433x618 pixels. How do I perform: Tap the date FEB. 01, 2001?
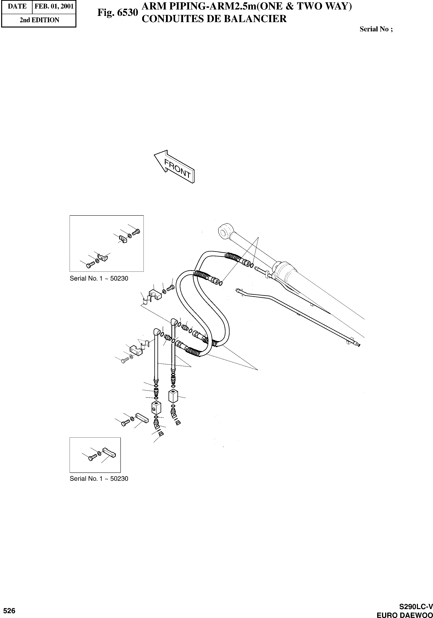[54, 6]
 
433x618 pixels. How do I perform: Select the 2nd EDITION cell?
[39, 20]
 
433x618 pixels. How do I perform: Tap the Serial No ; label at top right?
[376, 29]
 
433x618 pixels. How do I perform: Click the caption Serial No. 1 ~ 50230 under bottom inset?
[99, 479]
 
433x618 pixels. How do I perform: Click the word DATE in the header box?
[17, 6]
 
